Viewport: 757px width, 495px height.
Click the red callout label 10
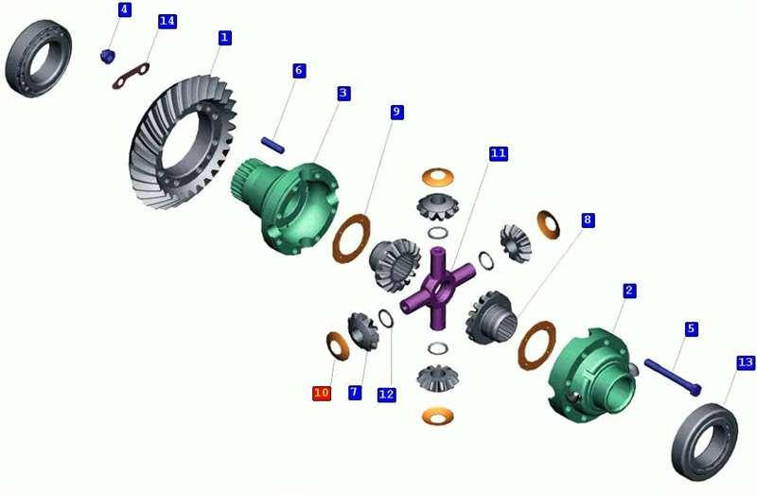(x=322, y=392)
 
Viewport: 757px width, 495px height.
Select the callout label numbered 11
(x=499, y=152)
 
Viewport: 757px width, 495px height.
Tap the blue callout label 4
(x=124, y=9)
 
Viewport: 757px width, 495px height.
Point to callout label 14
(x=167, y=21)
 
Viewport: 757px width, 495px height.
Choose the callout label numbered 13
(x=746, y=362)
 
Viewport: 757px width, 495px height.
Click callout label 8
(x=588, y=220)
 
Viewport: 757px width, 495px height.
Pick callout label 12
(x=386, y=394)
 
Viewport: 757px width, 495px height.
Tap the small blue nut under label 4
(x=107, y=56)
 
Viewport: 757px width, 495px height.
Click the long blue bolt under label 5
(x=672, y=377)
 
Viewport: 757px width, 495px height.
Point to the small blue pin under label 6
(x=273, y=143)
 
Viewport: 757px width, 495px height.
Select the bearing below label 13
(x=704, y=439)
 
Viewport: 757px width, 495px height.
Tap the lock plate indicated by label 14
(x=133, y=75)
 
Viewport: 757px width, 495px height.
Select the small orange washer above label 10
(x=337, y=345)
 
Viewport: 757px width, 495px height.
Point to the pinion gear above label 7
(x=362, y=329)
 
